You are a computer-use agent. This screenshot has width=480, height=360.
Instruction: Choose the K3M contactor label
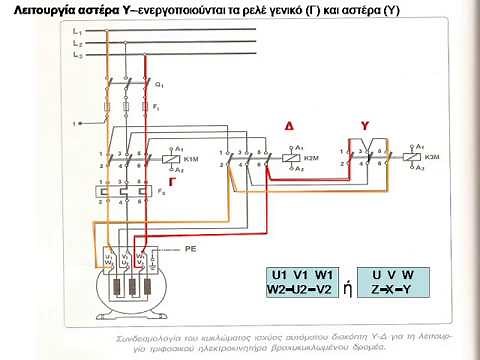pos(431,157)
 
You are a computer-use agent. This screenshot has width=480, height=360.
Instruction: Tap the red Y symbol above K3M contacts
pos(365,126)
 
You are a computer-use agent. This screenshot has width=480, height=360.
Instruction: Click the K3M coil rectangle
pos(411,156)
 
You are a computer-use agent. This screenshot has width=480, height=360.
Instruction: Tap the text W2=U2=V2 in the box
pos(299,289)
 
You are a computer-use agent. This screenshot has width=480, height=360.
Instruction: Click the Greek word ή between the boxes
pos(347,287)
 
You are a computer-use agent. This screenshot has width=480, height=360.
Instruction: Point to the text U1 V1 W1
pos(299,274)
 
